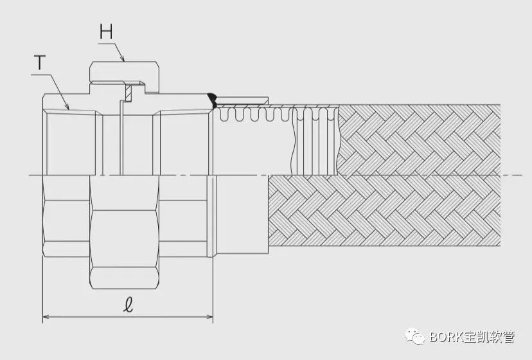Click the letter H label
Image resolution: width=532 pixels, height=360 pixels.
click(x=106, y=32)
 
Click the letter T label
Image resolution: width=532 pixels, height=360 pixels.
click(x=40, y=62)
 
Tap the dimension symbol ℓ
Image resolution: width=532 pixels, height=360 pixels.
click(x=128, y=304)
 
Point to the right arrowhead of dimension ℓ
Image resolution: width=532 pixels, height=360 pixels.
click(x=209, y=317)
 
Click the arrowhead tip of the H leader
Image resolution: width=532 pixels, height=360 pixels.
click(x=124, y=61)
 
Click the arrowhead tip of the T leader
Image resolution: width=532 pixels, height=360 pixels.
click(x=69, y=109)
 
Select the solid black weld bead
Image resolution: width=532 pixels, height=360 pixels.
click(x=213, y=100)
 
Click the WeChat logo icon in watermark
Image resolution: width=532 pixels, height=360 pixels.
click(x=414, y=337)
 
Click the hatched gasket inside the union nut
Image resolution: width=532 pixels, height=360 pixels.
click(x=129, y=93)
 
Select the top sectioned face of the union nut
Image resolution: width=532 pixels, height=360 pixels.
click(x=124, y=71)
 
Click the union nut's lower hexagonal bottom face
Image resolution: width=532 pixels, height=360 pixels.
click(x=124, y=278)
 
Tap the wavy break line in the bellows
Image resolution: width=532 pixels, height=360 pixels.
click(x=292, y=140)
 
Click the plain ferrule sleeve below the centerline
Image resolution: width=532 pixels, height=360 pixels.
click(x=243, y=215)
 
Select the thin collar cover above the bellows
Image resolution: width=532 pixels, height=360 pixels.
click(x=242, y=101)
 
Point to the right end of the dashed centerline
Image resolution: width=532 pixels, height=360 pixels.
click(x=522, y=175)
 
